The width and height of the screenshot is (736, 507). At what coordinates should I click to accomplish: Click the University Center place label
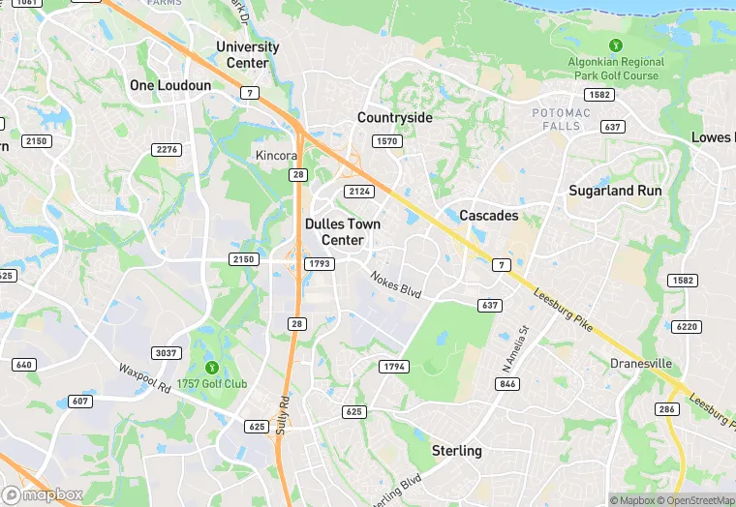pos(248,54)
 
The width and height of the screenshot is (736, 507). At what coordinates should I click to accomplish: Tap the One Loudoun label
pos(170,85)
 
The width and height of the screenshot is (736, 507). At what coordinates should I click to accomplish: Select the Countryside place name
pos(394,117)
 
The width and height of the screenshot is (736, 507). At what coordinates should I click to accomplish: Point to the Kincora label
pos(276,156)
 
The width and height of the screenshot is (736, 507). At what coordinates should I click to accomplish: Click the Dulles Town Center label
pos(342,231)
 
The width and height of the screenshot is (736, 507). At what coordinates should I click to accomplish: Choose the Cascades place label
pos(488,215)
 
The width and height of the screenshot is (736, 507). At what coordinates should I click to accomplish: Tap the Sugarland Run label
pos(615,191)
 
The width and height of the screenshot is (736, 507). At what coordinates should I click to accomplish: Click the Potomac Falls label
pos(561,120)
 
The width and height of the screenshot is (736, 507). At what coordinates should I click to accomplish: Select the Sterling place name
pos(456,451)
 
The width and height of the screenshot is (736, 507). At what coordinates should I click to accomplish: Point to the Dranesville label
pos(641,364)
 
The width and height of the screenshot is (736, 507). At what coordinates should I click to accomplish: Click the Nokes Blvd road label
pos(396,283)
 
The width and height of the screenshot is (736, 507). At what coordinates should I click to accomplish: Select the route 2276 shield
pos(167,149)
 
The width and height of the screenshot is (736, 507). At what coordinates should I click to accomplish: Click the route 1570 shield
pos(386,141)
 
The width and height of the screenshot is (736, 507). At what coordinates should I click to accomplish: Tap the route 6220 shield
pos(686,327)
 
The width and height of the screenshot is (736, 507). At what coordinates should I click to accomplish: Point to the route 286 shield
pos(667,410)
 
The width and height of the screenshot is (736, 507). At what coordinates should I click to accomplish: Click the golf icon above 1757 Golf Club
pos(211,366)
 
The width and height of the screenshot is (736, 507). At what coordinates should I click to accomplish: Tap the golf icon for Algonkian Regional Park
pos(614,45)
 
